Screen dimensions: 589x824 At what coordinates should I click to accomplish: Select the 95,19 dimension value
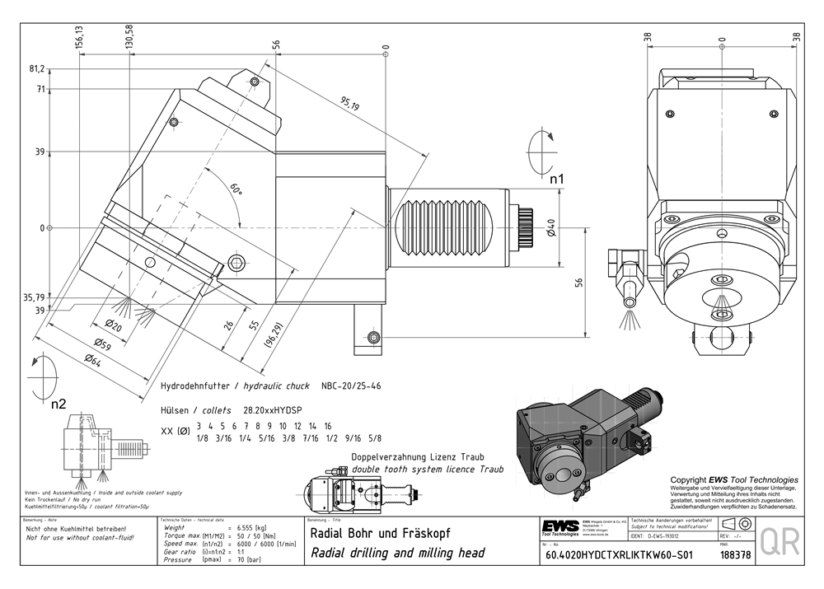point(349,105)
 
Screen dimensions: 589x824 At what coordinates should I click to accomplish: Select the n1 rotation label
point(557,178)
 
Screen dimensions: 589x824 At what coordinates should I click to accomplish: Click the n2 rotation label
point(59,404)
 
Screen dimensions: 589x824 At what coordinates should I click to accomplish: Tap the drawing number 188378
point(735,555)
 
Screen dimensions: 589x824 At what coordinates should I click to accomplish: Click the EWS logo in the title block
point(559,526)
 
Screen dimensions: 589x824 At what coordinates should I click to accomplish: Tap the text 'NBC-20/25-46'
point(351,386)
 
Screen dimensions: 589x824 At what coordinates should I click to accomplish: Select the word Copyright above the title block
point(689,479)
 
